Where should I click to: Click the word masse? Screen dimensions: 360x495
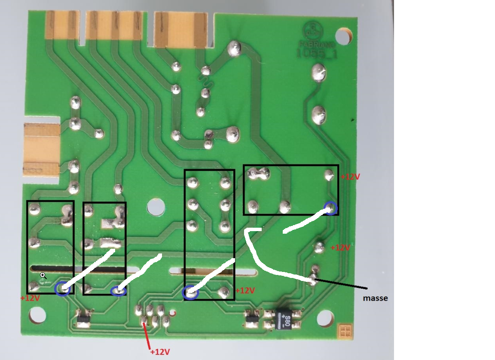point(375,298)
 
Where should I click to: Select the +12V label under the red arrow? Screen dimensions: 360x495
point(160,352)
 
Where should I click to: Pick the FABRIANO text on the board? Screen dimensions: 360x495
point(312,43)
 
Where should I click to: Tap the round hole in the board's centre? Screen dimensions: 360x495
point(155,207)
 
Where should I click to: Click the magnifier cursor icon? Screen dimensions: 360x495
point(43,275)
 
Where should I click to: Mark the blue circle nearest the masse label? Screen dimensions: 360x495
point(330,208)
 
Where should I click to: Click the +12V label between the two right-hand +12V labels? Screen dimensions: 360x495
point(340,248)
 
